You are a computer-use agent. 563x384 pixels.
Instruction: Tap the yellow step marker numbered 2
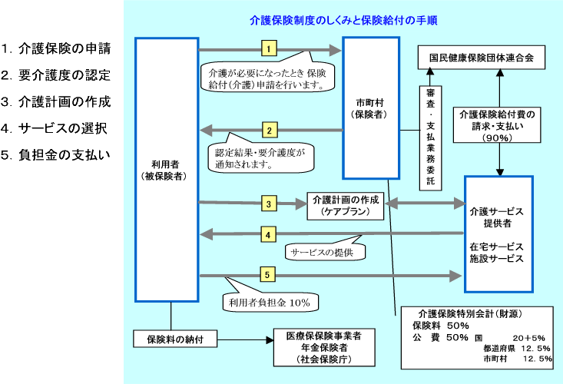270,130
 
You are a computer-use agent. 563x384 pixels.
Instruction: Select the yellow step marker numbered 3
268,204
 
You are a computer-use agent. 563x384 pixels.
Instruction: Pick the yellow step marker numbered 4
268,234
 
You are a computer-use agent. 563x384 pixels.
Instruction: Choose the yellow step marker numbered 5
268,274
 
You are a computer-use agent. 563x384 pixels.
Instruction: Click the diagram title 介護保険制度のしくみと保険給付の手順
344,20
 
